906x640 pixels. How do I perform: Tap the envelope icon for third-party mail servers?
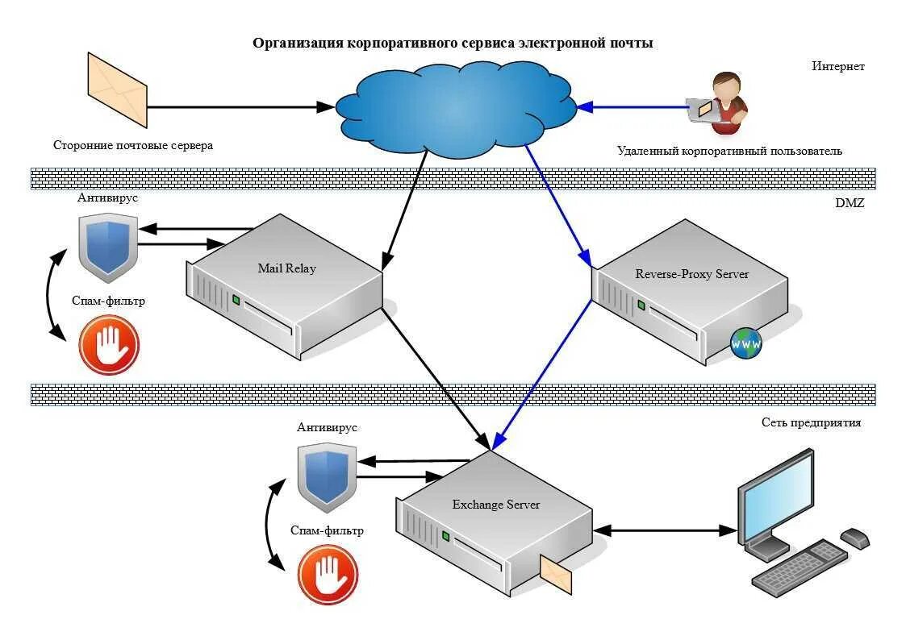[x=118, y=89]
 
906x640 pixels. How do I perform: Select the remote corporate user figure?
[x=718, y=104]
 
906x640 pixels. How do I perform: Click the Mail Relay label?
[x=286, y=268]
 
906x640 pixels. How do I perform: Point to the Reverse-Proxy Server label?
[x=691, y=274]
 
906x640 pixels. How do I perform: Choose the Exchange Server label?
[x=495, y=505]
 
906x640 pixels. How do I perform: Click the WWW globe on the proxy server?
[x=746, y=343]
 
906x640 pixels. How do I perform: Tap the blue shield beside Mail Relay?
[x=108, y=247]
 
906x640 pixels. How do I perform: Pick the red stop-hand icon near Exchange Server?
[x=328, y=574]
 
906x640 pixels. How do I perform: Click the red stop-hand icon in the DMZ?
[x=109, y=345]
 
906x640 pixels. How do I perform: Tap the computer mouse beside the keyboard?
[x=854, y=538]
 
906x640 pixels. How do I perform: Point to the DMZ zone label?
[x=850, y=203]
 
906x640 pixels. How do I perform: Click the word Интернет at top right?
[x=837, y=66]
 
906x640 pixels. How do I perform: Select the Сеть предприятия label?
[x=811, y=422]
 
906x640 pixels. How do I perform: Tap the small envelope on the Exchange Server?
[x=556, y=573]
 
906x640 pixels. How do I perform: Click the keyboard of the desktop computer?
[x=800, y=568]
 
